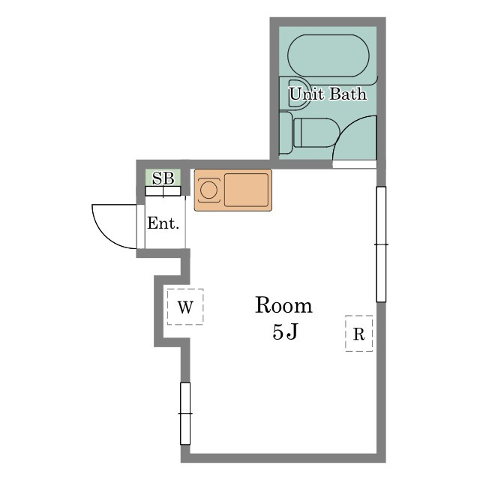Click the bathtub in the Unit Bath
[328, 55]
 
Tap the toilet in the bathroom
[316, 133]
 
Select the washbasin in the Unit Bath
[298, 93]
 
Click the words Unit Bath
[328, 94]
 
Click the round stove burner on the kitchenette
[208, 190]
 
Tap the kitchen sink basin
[247, 190]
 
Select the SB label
[163, 178]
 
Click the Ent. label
[163, 223]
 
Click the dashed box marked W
[185, 307]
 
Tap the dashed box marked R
[358, 333]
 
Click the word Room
[283, 305]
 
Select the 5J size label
[285, 331]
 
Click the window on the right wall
[381, 244]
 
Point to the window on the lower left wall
[185, 413]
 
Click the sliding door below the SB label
[163, 191]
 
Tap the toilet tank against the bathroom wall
[286, 133]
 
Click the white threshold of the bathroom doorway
[355, 164]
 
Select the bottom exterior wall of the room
[283, 458]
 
